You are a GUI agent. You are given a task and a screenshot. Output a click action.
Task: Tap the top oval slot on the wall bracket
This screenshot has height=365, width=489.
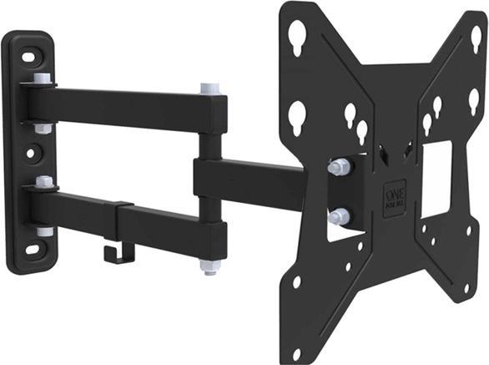(28, 58)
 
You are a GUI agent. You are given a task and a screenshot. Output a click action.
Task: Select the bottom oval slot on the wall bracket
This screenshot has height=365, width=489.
(31, 249)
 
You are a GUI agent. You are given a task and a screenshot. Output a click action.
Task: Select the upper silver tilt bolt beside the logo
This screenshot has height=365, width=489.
(338, 167)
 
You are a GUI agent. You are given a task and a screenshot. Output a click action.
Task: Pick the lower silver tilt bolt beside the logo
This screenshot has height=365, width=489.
(338, 216)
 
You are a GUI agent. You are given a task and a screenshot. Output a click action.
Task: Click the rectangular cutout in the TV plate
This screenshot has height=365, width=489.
(436, 179)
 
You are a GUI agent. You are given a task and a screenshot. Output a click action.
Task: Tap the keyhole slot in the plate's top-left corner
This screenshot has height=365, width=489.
(298, 34)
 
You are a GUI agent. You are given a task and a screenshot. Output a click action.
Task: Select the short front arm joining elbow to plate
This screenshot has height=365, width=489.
(250, 177)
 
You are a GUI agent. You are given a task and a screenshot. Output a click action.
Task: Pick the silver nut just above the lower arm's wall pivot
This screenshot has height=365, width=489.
(43, 181)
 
